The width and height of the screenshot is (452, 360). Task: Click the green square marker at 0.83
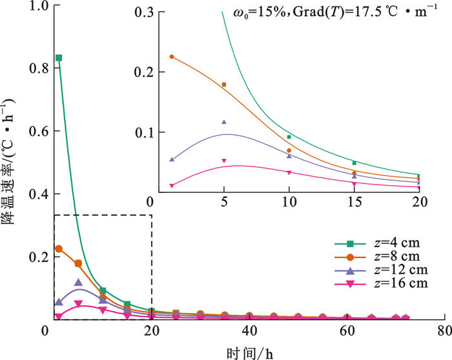pyautogui.click(x=59, y=58)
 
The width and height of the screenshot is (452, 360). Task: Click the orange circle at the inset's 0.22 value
pyautogui.click(x=172, y=57)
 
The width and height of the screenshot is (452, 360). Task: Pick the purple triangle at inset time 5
pyautogui.click(x=224, y=121)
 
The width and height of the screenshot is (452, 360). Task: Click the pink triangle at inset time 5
pyautogui.click(x=224, y=161)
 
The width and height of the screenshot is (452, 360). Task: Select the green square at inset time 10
pyautogui.click(x=289, y=137)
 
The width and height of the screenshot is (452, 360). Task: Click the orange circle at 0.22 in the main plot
pyautogui.click(x=59, y=249)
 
